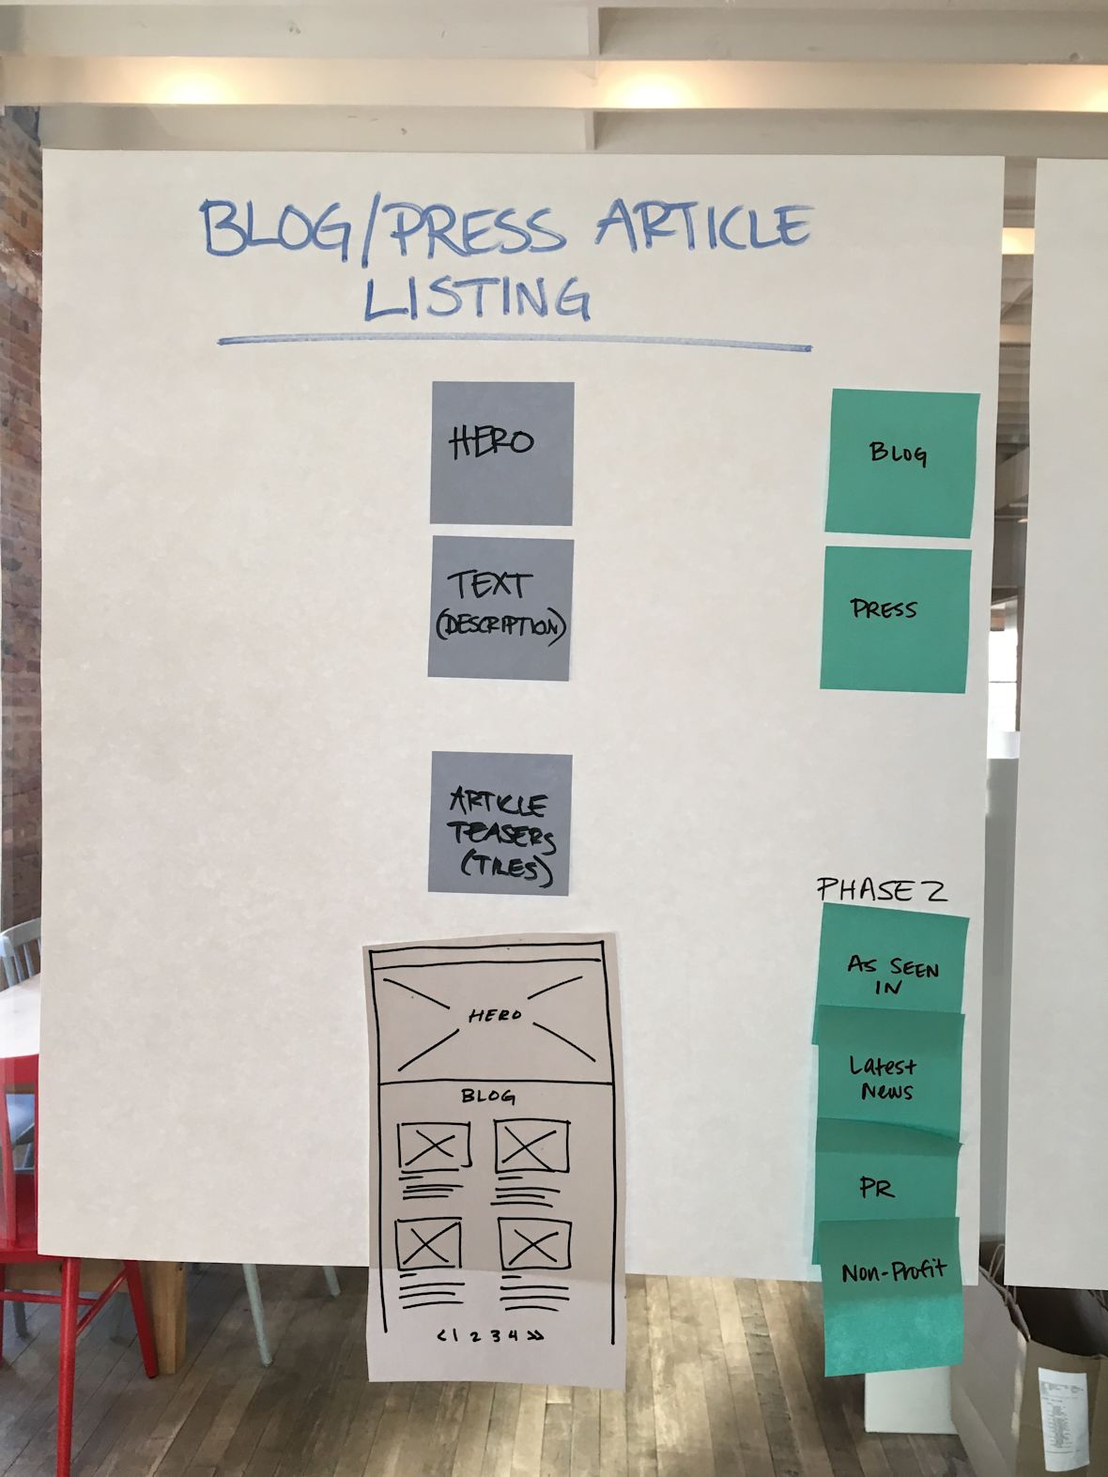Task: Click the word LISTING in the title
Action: click(x=477, y=298)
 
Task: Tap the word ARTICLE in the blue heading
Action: click(x=702, y=227)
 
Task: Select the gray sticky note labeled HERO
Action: click(x=502, y=452)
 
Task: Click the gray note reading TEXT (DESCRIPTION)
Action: click(x=500, y=607)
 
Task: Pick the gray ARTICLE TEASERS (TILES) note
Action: click(x=500, y=823)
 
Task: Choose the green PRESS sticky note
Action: click(x=895, y=619)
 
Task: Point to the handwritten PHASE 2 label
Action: click(x=881, y=889)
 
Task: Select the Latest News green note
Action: click(x=885, y=1077)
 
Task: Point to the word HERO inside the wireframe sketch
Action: click(x=495, y=1015)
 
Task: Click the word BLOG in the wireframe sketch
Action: click(x=488, y=1096)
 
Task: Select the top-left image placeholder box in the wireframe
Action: click(x=433, y=1146)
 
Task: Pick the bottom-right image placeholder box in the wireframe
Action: click(x=534, y=1245)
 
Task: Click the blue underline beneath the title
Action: click(x=514, y=343)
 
